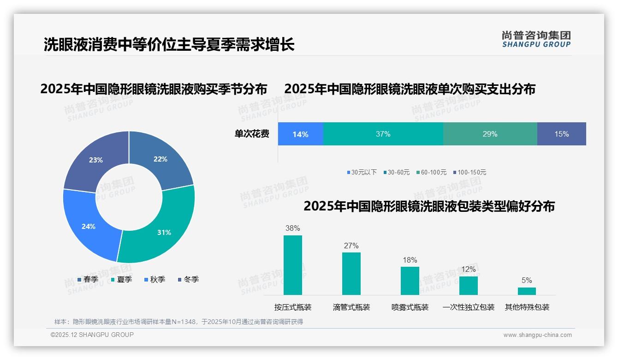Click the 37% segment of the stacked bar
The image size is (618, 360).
pos(383,134)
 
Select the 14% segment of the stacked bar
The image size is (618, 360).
pos(300,134)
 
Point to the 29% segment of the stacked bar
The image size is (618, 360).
pos(490,134)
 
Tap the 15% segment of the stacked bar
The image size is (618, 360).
pos(561,134)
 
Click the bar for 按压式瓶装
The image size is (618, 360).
pos(292,265)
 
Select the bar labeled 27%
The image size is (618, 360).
pos(351,273)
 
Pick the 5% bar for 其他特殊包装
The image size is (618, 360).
pos(527,291)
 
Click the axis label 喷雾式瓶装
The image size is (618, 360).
pos(410,307)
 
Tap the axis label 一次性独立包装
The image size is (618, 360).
pos(468,307)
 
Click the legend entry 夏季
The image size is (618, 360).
pos(124,279)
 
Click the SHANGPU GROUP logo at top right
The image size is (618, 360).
pos(536,39)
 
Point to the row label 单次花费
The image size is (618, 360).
pos(252,134)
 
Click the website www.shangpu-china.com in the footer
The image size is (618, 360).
pos(537,335)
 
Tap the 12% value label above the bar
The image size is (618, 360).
pos(468,269)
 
